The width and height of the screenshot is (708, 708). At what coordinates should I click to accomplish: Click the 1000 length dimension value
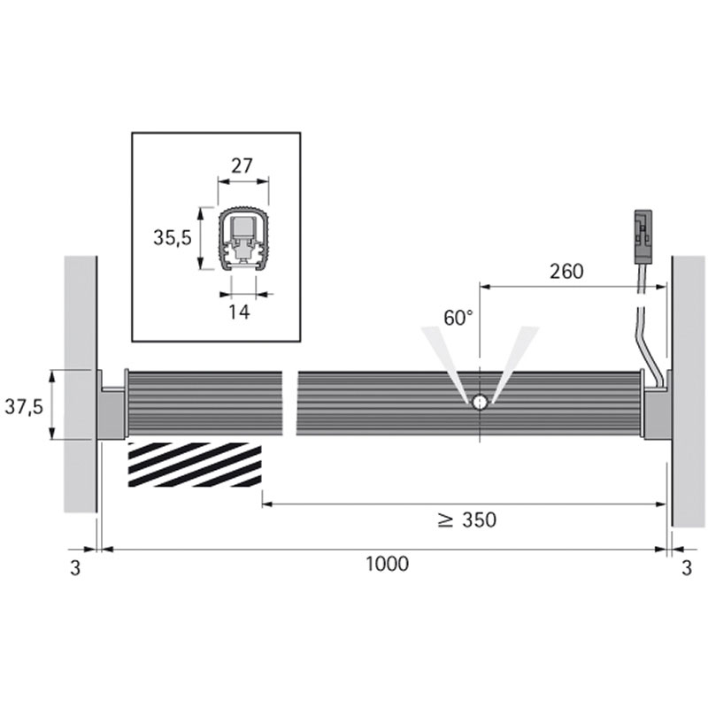tap(387, 564)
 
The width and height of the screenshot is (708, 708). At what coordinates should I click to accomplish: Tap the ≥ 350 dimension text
tap(467, 520)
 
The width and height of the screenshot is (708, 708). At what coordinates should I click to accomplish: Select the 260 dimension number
tap(566, 272)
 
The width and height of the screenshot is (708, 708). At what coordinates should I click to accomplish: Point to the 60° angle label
tap(458, 318)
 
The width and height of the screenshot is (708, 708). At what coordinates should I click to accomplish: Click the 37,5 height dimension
tap(24, 407)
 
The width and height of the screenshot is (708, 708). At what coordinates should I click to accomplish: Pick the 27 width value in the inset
tap(242, 166)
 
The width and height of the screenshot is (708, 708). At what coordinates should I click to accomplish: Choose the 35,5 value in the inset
tap(173, 238)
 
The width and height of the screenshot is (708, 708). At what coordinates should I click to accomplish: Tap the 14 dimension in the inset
tap(239, 312)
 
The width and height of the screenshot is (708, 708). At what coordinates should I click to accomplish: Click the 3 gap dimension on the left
tap(75, 568)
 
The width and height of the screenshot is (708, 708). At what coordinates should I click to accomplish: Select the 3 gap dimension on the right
tap(687, 568)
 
